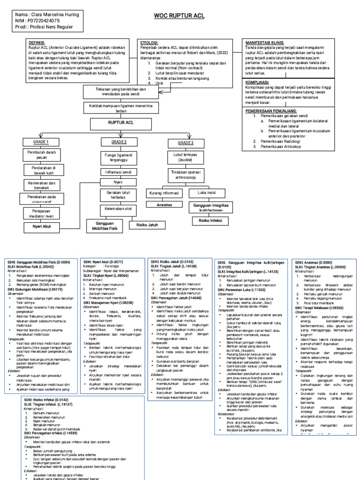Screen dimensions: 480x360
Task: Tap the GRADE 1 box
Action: [41, 141]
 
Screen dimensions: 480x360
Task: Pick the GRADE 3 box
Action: [185, 142]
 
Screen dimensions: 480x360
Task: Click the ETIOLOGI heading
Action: [150, 42]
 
